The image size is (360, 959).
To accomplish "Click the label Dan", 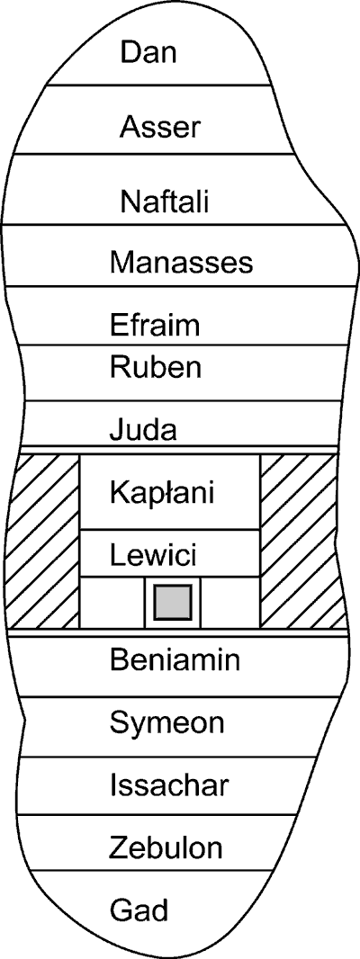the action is tap(148, 52).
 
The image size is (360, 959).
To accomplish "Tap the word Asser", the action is tap(160, 128).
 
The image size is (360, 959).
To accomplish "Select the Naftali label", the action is tap(165, 202).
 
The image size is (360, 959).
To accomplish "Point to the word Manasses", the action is tap(181, 263).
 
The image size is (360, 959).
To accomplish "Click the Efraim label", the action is tap(155, 324).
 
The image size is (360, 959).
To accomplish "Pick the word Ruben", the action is tap(156, 368).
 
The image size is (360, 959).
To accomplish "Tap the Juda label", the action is tap(143, 430).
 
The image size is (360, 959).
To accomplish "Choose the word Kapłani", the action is tap(162, 493).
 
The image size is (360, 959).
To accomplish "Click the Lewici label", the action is tap(153, 556).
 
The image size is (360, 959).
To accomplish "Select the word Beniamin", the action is tap(175, 660).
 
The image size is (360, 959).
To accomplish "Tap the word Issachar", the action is tap(169, 784).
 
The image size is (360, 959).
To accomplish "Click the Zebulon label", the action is tap(166, 848).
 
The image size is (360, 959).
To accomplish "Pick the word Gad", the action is tap(139, 910).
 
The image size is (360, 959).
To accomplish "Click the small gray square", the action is tap(173, 602).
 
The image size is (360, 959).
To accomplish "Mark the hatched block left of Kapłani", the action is tap(44, 541).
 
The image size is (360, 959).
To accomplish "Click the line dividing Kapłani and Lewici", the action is tap(169, 530).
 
